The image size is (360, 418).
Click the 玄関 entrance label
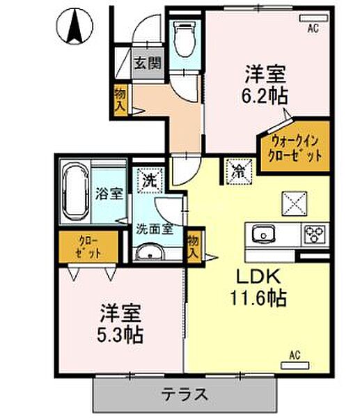pyautogui.click(x=148, y=63)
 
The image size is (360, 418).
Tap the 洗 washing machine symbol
pyautogui.click(x=149, y=179)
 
